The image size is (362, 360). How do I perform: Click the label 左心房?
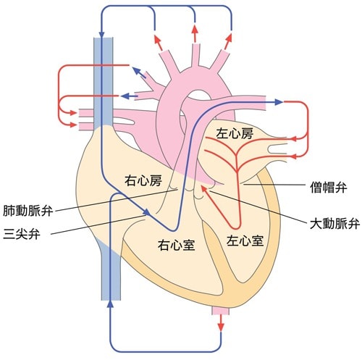pyautogui.click(x=235, y=133)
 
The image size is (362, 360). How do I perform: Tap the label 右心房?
pyautogui.click(x=143, y=180)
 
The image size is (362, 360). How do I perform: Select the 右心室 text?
pyautogui.click(x=176, y=245)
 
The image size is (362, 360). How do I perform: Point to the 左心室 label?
pyautogui.click(x=245, y=240)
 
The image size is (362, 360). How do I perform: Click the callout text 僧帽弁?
pyautogui.click(x=329, y=187)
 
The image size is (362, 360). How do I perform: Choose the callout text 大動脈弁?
pyautogui.click(x=334, y=224)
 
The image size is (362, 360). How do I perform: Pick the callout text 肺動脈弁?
pyautogui.click(x=28, y=211)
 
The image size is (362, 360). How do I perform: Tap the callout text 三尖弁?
pyautogui.click(x=22, y=233)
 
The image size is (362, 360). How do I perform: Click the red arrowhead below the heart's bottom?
pyautogui.click(x=221, y=327)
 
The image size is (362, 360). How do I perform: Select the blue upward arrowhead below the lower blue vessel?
pyautogui.click(x=111, y=304)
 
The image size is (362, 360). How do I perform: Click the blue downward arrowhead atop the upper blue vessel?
pyautogui.click(x=101, y=34)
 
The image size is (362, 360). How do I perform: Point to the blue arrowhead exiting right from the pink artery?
pyautogui.click(x=279, y=102)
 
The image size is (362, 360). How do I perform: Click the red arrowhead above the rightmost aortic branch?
pyautogui.click(x=229, y=38)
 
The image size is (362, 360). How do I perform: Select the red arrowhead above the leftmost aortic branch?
pyautogui.click(x=157, y=39)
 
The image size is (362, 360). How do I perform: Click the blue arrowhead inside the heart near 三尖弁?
pyautogui.click(x=147, y=212)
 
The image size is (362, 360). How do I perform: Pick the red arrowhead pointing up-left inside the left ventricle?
pyautogui.click(x=205, y=189)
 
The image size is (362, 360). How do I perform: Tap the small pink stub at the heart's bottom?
pyautogui.click(x=220, y=311)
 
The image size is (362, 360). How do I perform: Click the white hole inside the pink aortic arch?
pyautogui.click(x=198, y=95)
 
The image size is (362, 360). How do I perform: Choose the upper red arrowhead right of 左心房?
pyautogui.click(x=292, y=139)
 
